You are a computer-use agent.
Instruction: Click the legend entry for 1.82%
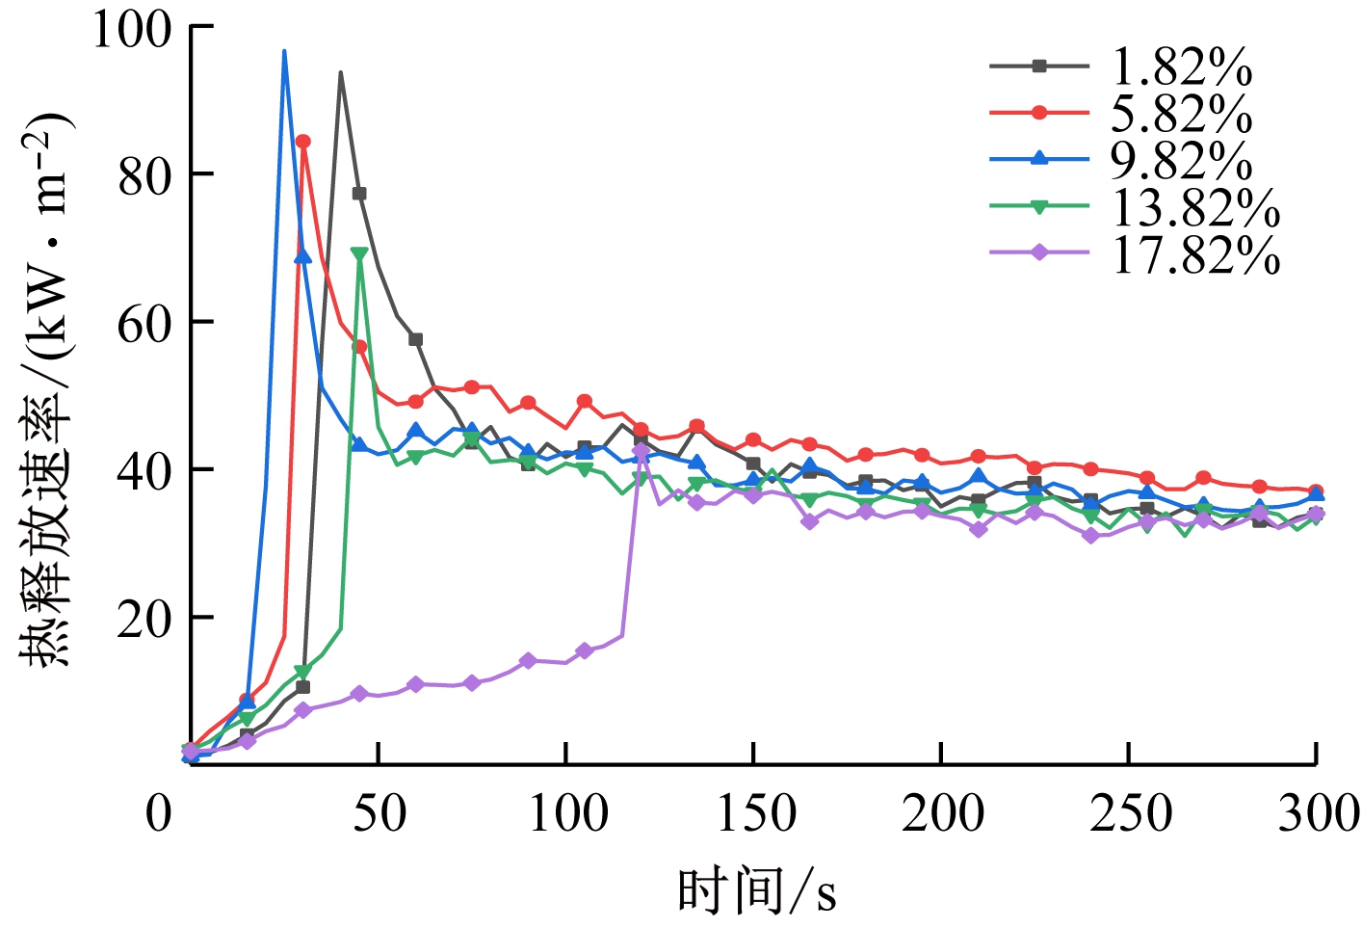tap(1181, 67)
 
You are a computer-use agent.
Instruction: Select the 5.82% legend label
tap(1181, 114)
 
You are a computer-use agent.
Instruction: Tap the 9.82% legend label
tap(1181, 160)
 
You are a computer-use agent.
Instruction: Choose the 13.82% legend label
tap(1195, 206)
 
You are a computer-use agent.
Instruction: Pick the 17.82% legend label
tap(1195, 253)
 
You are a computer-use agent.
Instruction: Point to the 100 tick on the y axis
tap(132, 29)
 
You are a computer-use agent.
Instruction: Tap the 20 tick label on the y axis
tap(145, 620)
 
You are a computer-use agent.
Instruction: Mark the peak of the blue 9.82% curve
tap(284, 51)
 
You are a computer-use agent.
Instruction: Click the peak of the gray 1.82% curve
tap(340, 72)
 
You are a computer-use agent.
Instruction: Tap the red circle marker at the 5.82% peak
tap(302, 142)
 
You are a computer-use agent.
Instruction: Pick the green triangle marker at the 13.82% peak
tap(359, 254)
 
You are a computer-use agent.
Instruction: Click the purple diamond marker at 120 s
tap(641, 451)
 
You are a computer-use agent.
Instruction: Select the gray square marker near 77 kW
tap(359, 194)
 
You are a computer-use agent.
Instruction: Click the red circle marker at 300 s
tap(1316, 491)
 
